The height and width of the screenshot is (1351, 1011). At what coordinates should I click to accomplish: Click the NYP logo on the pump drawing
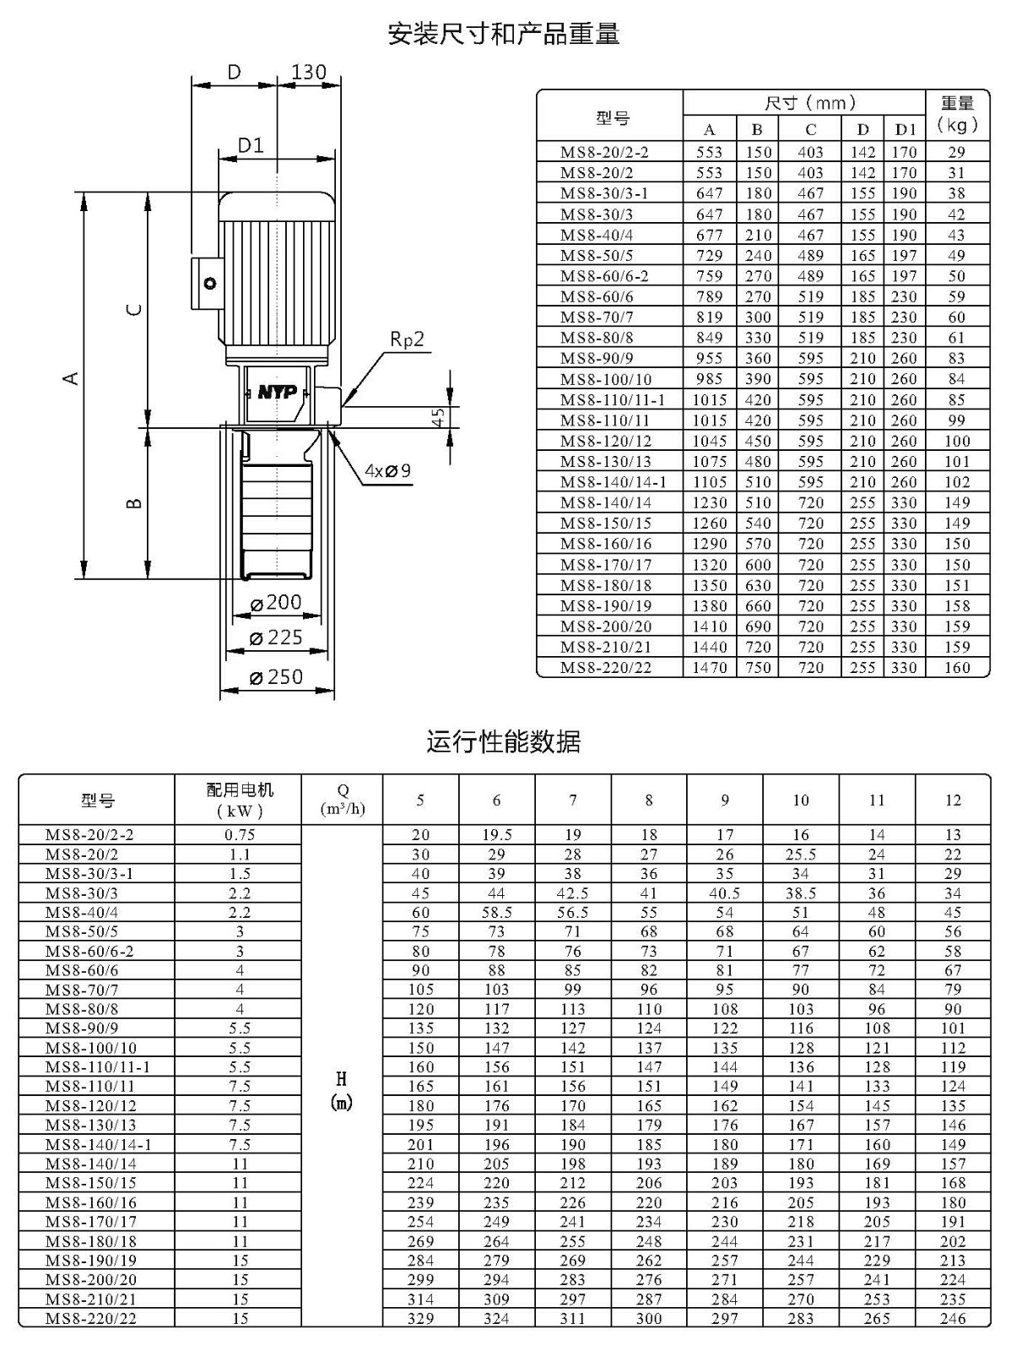coord(277,392)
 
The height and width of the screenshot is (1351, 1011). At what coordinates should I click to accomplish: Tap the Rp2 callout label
coord(407,339)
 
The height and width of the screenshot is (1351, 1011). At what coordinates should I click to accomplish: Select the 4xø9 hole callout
coord(387,471)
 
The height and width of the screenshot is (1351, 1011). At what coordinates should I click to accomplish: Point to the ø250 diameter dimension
coord(277,676)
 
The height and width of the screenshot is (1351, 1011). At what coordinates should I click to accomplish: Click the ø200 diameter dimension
coord(277,602)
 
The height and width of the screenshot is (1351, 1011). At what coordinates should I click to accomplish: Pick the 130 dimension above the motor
coord(309,72)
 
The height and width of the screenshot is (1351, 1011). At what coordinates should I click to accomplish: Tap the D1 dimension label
coord(251,145)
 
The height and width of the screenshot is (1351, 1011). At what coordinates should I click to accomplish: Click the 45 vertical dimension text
coord(437,418)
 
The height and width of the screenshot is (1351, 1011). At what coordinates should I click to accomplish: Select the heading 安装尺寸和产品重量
coord(505,34)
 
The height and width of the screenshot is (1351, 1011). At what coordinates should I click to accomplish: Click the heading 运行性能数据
coord(504,741)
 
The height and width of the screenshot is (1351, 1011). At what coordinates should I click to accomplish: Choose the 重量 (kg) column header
coord(958,115)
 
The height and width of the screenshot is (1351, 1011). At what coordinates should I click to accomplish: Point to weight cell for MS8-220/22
coord(958,667)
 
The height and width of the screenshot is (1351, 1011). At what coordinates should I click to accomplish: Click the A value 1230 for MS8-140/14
coord(710,503)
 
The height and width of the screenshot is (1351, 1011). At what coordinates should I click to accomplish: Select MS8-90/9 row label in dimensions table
coord(597,358)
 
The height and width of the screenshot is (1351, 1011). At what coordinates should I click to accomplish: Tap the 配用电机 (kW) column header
coord(239,800)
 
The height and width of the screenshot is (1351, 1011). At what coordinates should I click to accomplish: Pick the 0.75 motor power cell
coord(240,834)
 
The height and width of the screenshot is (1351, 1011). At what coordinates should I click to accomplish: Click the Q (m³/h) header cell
coord(343,799)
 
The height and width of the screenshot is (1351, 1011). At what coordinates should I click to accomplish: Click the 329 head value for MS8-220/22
coord(420,1318)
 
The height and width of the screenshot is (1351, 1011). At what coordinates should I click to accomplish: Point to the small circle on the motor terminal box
coord(210,284)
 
